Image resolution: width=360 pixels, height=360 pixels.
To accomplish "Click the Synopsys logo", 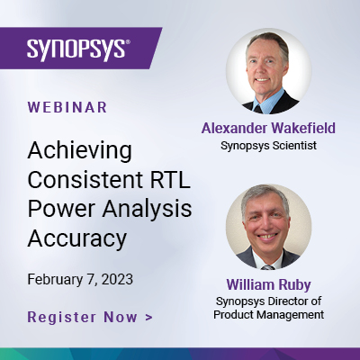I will [76, 47].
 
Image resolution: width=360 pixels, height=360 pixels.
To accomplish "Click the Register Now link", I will [83, 317].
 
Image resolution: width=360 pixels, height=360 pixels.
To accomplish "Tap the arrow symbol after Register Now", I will [148, 318].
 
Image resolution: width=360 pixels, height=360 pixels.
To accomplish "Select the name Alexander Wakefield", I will [268, 129].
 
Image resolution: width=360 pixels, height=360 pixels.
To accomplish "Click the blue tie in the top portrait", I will [268, 101].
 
